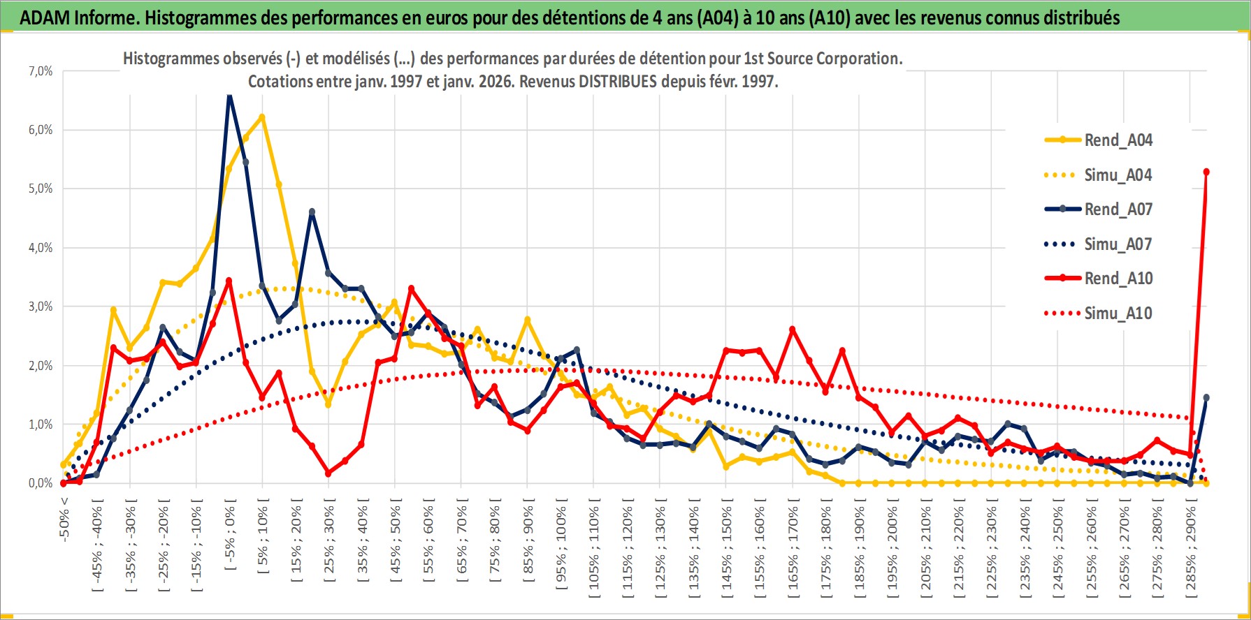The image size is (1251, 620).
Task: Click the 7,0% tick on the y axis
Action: [x=41, y=71]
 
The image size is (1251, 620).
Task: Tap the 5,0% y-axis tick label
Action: [x=41, y=189]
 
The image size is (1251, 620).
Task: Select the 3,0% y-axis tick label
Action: [x=41, y=307]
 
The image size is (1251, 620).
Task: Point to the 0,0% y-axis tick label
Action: [x=41, y=483]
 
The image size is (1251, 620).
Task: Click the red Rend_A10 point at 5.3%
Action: [x=1206, y=172]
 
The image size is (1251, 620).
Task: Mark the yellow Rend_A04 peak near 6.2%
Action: [x=262, y=117]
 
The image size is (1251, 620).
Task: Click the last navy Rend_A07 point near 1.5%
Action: [x=1206, y=397]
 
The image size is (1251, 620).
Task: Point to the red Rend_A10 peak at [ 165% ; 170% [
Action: [x=792, y=330]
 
